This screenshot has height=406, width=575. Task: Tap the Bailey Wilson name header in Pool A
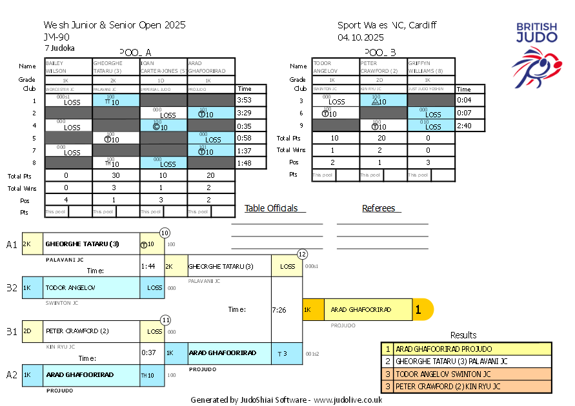point(69,67)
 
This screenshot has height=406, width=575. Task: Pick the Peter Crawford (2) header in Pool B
point(383,67)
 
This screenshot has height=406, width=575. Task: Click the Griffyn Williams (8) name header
point(431,67)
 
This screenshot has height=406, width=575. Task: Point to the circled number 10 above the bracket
point(165,233)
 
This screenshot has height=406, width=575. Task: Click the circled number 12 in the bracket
point(302,254)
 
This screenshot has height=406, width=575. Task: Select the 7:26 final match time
point(279,310)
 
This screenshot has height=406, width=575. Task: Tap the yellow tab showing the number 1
point(421,310)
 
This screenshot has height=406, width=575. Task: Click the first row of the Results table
point(467,349)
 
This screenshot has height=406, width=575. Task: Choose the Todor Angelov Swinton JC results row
point(467,374)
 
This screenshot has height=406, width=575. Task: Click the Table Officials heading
point(271,208)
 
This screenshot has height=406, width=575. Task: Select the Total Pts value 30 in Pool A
point(116,175)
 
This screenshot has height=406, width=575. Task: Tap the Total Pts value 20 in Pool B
point(383,138)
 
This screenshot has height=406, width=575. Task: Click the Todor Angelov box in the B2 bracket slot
point(81,287)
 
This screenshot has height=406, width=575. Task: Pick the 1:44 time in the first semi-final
point(149,266)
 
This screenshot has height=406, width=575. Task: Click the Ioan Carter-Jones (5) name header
point(163,67)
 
